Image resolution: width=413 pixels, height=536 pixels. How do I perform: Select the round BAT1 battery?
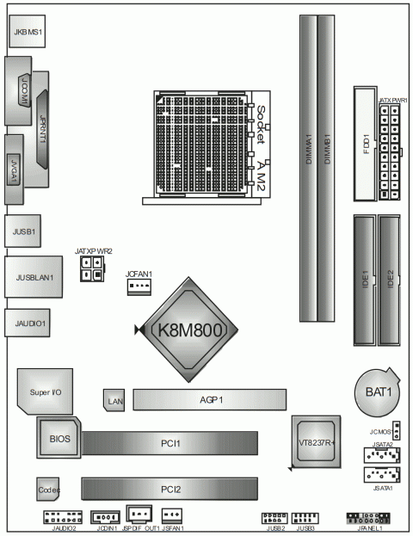tap(377, 394)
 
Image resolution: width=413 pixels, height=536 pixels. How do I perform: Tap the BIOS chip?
tap(59, 440)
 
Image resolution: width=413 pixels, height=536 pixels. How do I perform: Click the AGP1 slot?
tap(209, 399)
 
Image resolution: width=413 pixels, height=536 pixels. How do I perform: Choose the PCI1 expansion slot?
tap(170, 443)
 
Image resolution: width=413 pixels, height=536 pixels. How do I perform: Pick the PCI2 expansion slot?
tap(170, 489)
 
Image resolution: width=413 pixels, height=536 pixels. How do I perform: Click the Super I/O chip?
tap(46, 391)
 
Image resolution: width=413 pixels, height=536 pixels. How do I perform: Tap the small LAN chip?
tap(114, 398)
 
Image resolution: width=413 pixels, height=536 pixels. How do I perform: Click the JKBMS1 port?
tap(28, 32)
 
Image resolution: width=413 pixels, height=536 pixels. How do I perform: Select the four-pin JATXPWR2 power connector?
tap(89, 272)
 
